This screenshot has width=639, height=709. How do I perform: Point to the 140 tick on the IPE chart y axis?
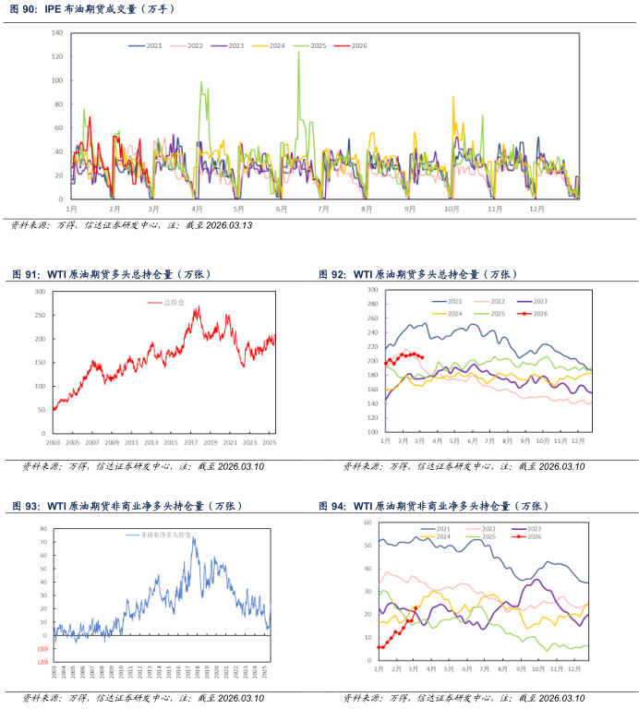click(57, 32)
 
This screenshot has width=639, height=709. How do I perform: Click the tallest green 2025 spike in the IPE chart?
click(298, 53)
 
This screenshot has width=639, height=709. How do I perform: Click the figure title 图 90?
click(25, 8)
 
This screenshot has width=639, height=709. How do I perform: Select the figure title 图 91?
click(25, 274)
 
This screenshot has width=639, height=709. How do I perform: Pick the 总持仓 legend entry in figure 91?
click(174, 302)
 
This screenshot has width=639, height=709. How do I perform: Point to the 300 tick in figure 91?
click(40, 292)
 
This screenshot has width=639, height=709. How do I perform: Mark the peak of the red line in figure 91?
click(197, 307)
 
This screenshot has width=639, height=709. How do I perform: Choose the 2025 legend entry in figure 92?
click(497, 314)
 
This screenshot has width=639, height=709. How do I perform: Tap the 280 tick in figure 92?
click(373, 305)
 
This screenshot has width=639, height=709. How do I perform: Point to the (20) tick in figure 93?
click(42, 662)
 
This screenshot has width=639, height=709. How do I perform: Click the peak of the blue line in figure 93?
click(193, 539)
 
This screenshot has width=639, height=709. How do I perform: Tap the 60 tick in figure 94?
click(368, 523)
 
